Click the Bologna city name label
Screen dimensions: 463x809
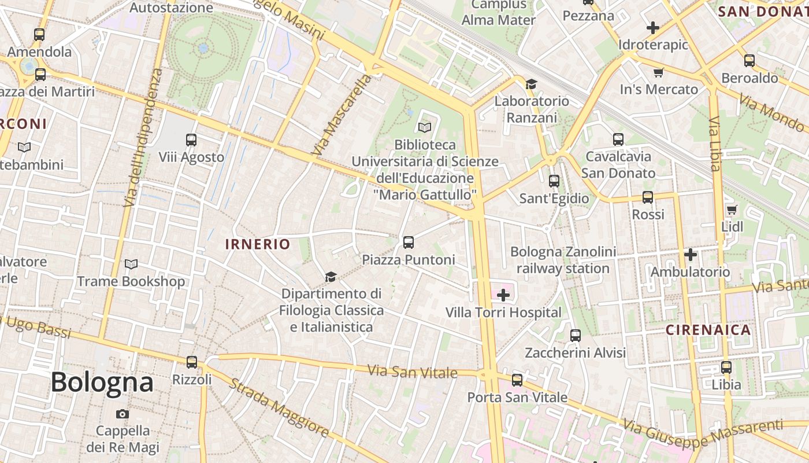tap(102, 382)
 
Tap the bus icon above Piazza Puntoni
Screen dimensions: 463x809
tap(409, 242)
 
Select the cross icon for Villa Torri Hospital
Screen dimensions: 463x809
tap(503, 296)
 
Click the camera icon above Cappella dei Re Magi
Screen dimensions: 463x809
tap(123, 414)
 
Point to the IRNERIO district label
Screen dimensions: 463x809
tap(258, 244)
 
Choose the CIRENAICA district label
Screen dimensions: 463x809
tap(708, 330)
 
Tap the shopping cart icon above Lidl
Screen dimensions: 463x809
tap(732, 210)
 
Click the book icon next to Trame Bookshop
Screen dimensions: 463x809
tap(131, 264)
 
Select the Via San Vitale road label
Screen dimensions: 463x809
tap(413, 372)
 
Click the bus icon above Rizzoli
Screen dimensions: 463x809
tap(192, 362)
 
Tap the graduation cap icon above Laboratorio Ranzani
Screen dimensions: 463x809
tap(531, 84)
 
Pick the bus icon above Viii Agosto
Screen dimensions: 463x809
tap(191, 140)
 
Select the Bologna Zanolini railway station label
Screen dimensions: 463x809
tap(563, 260)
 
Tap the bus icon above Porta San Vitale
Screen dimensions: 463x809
tap(517, 380)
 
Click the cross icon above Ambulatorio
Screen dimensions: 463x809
tap(691, 254)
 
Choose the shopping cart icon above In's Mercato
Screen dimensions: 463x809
tap(658, 72)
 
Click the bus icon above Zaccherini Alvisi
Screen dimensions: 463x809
tap(576, 335)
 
